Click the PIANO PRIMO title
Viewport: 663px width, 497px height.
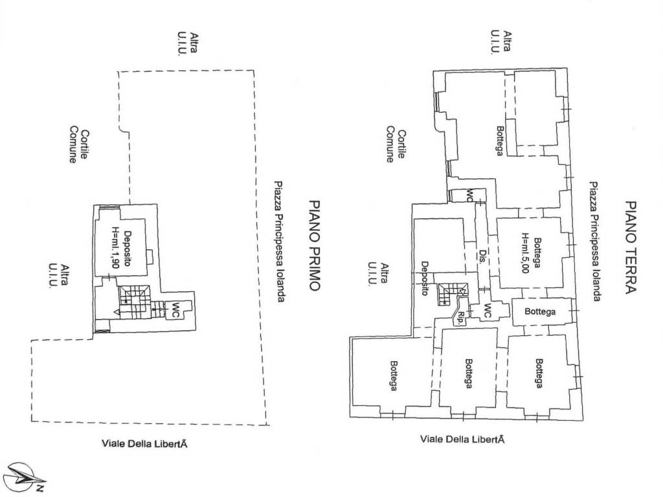[314, 245]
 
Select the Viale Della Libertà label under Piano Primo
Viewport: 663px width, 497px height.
[144, 444]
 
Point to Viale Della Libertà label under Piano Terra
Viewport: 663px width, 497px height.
[462, 439]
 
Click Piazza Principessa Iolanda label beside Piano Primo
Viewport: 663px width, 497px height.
[279, 242]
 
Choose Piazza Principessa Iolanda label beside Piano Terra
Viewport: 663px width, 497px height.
[595, 241]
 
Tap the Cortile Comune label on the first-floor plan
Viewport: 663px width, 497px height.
[79, 144]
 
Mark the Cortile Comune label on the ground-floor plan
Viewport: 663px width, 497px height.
[396, 144]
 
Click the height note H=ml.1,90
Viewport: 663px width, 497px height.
[115, 248]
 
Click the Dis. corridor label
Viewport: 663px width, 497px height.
[482, 256]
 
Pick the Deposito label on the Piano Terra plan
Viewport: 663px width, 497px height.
[425, 278]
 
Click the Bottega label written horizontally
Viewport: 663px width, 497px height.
[540, 312]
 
